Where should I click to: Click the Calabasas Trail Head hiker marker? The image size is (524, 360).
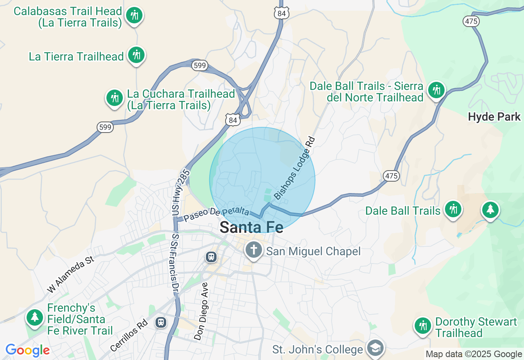[x=134, y=16]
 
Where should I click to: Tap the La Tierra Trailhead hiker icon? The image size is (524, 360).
[x=136, y=55]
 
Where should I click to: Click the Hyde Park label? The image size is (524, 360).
[x=494, y=117]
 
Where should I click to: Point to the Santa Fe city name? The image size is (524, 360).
[x=251, y=227]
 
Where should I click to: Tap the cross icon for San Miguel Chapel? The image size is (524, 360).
[x=253, y=250]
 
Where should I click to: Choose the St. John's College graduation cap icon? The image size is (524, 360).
[x=375, y=348]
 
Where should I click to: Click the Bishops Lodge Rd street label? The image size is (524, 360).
[x=294, y=169]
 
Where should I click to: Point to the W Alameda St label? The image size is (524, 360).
[x=71, y=274]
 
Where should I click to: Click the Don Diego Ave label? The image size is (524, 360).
[x=201, y=311]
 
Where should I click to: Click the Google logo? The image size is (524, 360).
[x=27, y=350]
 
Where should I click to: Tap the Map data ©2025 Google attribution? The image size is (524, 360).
[x=474, y=354]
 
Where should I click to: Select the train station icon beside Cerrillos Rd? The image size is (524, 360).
[x=161, y=322]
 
